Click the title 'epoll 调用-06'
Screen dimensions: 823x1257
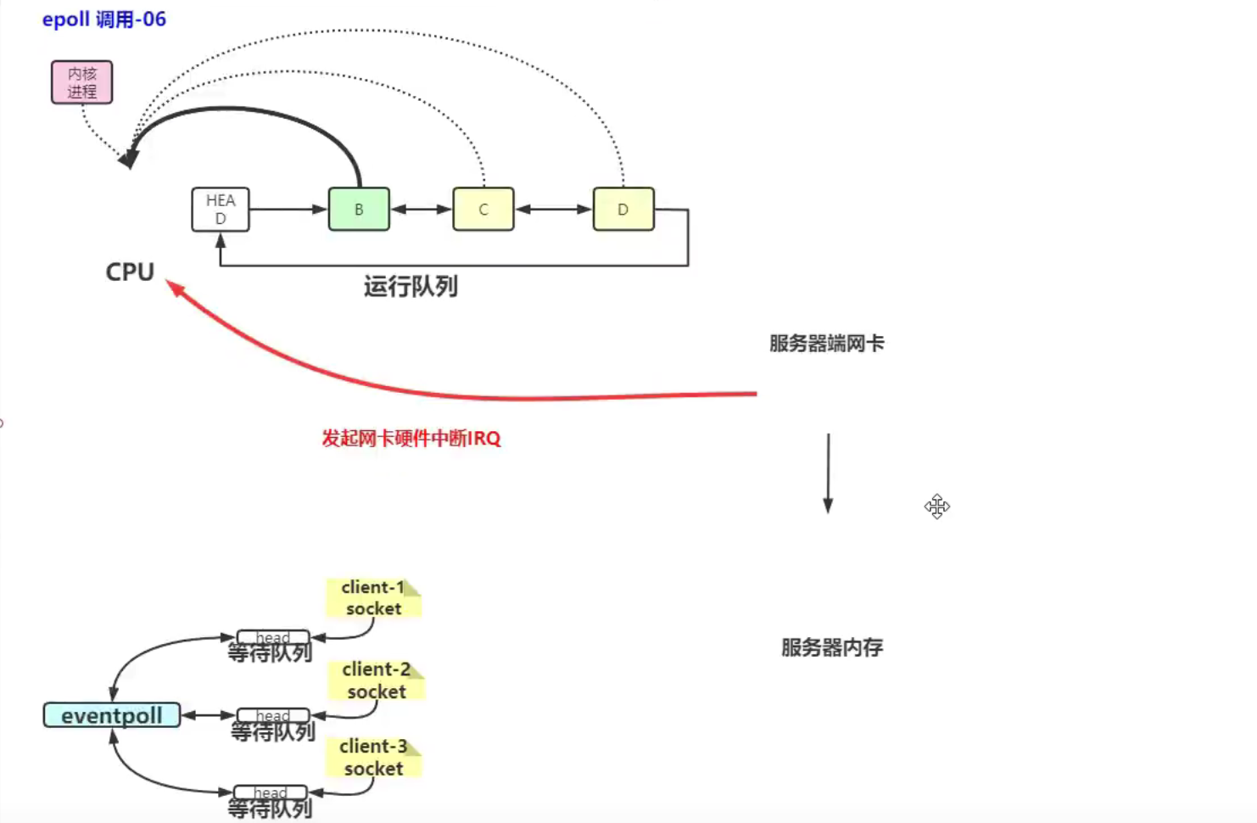coord(103,20)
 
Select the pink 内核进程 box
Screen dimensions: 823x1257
coord(81,82)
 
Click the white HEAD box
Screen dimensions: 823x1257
coord(221,210)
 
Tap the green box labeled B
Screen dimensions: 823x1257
coord(359,210)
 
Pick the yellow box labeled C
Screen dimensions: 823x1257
coord(483,210)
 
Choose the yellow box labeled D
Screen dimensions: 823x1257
coord(623,210)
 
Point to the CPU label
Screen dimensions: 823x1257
coord(130,272)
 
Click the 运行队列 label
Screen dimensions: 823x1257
coord(411,287)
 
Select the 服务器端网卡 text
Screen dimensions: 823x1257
coord(826,344)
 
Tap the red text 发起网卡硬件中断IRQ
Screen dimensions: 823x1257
coord(411,439)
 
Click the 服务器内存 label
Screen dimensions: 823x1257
coord(831,648)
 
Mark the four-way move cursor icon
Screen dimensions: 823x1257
coord(937,507)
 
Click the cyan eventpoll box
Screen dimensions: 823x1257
coord(112,715)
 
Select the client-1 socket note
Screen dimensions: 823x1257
coord(373,598)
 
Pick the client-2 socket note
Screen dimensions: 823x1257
coord(376,680)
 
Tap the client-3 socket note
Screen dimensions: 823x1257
coord(373,758)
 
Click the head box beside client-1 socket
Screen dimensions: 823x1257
coord(272,637)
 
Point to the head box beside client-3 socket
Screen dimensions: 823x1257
coord(270,792)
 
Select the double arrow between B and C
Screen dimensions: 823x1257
coord(421,210)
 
